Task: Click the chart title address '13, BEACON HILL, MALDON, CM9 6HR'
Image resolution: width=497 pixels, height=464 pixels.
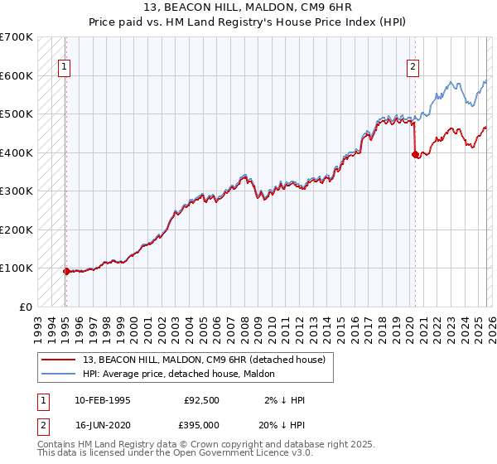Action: pos(248,8)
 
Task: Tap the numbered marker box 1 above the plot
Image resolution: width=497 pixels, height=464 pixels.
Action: pos(65,68)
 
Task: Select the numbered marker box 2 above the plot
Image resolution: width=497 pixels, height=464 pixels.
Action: pos(413,68)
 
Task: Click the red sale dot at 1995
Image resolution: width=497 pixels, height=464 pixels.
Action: pos(66,271)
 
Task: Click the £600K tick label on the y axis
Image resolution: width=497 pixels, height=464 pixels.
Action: pos(17,75)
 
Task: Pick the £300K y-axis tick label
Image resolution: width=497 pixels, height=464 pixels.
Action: pos(17,191)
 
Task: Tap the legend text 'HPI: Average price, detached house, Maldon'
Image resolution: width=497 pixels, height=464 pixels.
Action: pos(184,374)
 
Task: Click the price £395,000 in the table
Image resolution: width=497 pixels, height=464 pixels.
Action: pos(201,424)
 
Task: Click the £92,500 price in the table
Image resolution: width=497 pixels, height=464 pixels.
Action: pos(201,400)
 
